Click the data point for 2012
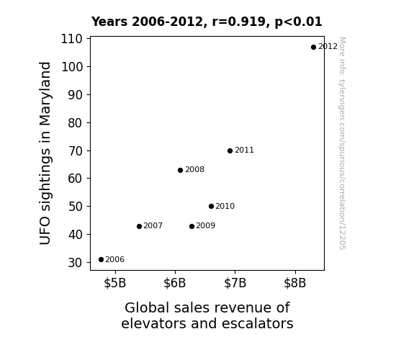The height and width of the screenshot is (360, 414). coord(313,48)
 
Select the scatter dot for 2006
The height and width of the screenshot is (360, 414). coord(101,260)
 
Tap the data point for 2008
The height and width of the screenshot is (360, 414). coord(180,171)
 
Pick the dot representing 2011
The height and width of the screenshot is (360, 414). coord(230,150)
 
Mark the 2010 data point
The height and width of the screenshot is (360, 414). coord(211,207)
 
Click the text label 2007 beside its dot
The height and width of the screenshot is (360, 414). coord(153,226)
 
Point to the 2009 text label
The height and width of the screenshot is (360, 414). coord(205,226)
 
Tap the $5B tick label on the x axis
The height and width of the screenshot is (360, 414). coord(115,283)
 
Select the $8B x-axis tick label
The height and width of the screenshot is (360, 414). coord(295,283)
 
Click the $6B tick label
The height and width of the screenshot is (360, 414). coord(175,283)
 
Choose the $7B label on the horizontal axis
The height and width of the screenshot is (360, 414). coord(235,283)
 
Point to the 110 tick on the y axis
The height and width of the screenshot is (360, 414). coord(72,39)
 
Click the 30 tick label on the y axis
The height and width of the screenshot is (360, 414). coord(76,263)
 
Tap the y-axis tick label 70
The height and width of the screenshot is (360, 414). coord(76,151)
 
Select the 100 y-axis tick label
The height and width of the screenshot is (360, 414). coord(72,67)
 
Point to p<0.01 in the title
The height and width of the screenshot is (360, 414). coord(298,22)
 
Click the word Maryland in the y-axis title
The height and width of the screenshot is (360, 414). coord(45,94)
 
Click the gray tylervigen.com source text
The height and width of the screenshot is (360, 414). coord(342,143)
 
